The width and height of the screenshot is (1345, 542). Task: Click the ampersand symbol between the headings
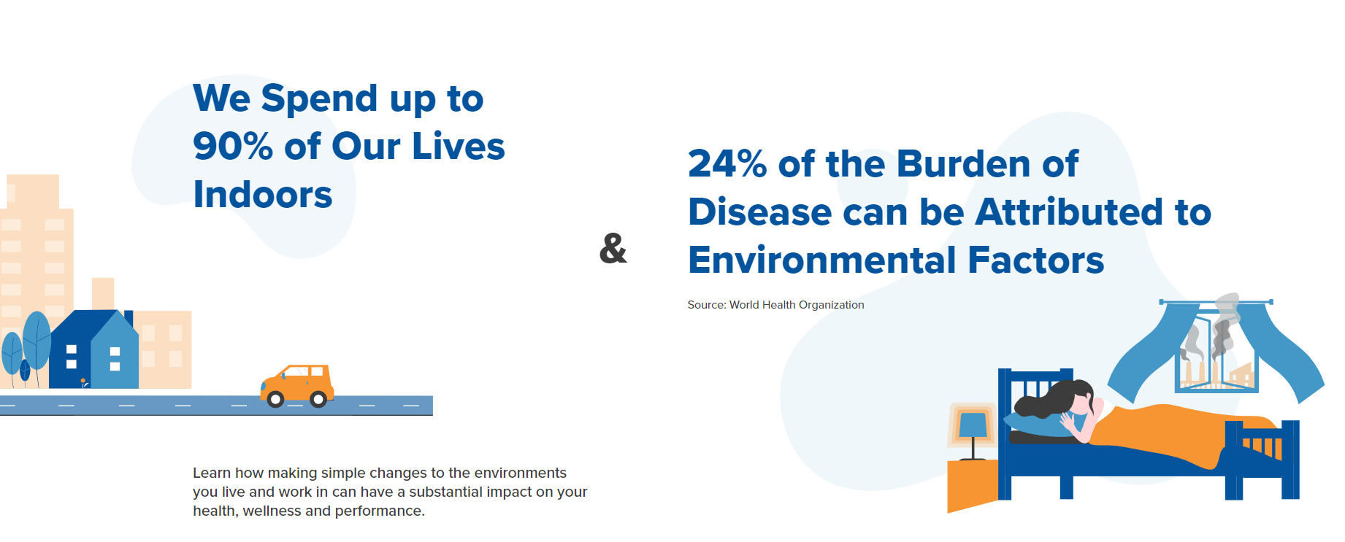click(613, 248)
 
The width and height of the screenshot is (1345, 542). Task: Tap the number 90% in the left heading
click(233, 146)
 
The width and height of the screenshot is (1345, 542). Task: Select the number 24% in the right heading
click(727, 163)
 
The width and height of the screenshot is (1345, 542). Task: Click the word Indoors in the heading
click(263, 195)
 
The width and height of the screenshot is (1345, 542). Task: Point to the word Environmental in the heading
click(822, 260)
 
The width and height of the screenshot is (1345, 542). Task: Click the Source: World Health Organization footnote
click(775, 305)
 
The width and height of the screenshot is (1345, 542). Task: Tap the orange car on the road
click(297, 386)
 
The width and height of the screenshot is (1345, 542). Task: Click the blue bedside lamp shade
click(973, 425)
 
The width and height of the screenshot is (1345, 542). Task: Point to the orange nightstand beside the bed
click(973, 485)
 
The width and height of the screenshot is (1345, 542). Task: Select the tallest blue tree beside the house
click(37, 343)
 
